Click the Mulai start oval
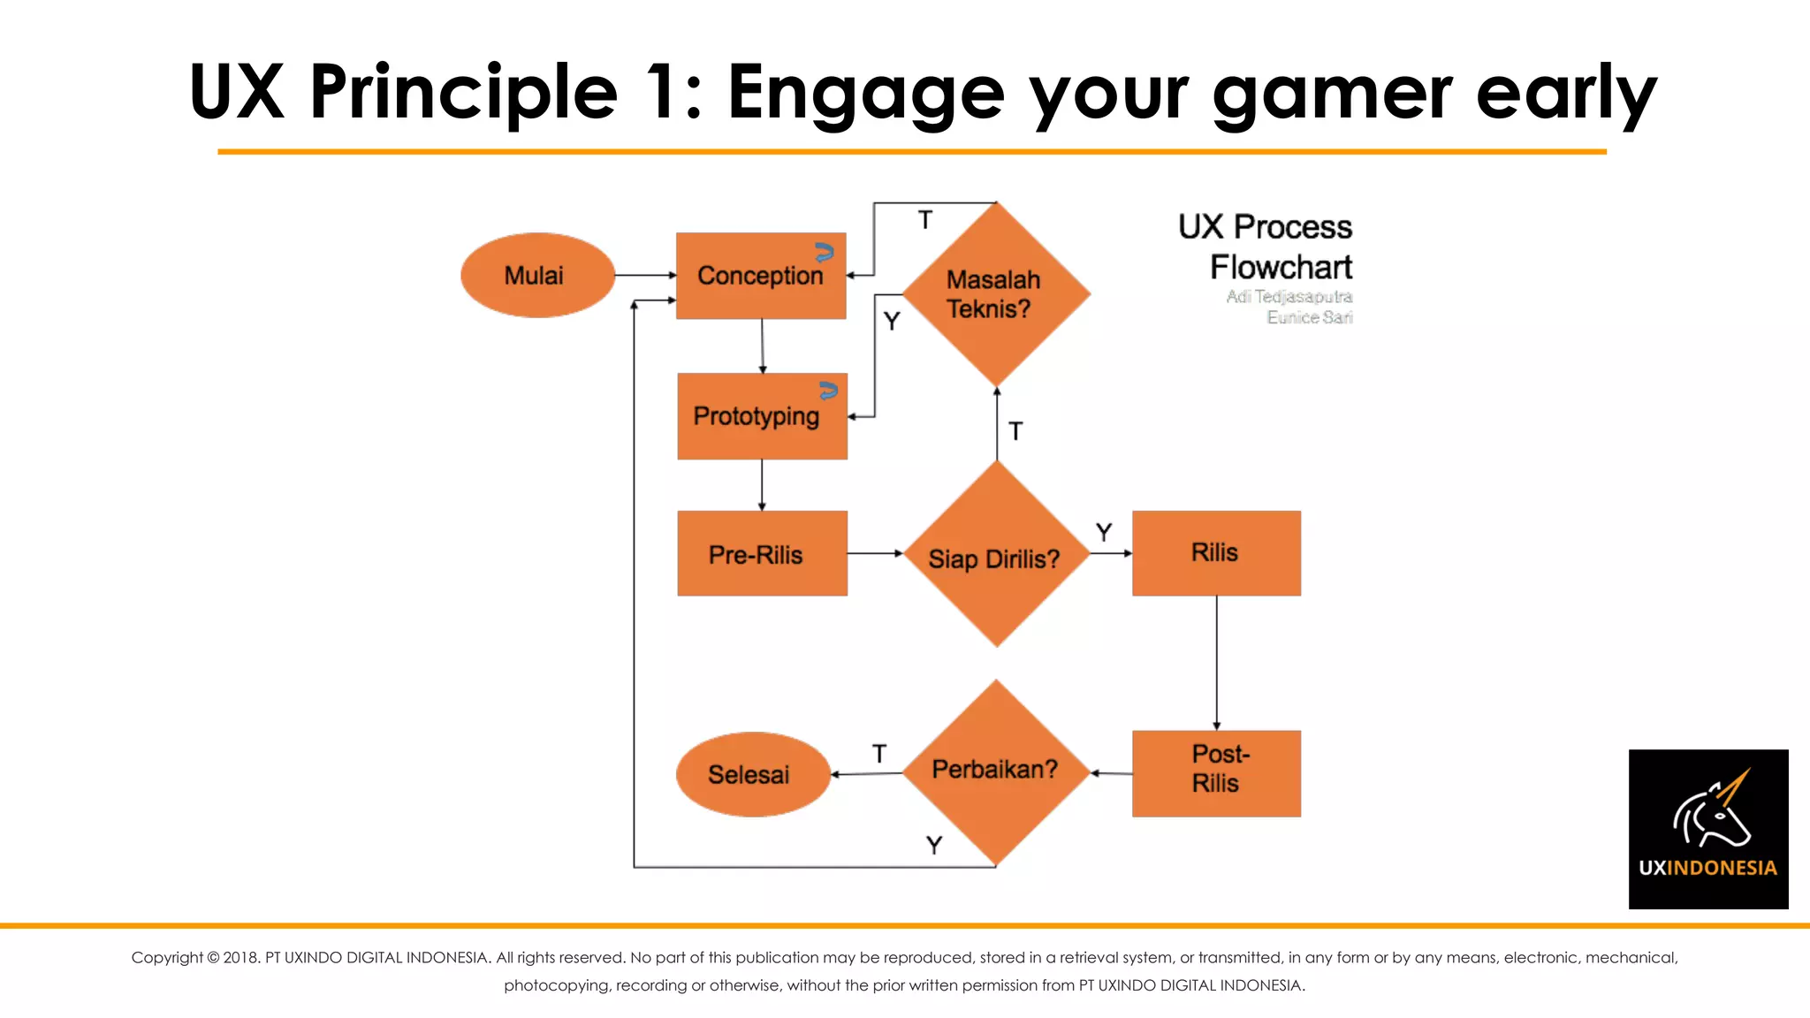[x=536, y=275]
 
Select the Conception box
[x=760, y=276]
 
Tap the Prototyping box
[x=761, y=415]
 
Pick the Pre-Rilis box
[x=761, y=553]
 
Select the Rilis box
[x=1215, y=553]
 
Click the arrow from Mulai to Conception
[x=645, y=275]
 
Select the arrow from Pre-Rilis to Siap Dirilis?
[x=874, y=553]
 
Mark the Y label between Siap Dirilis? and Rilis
[x=1103, y=532]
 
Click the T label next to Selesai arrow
[x=878, y=754]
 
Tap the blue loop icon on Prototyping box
[x=828, y=391]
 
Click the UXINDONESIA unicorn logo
[x=1707, y=828]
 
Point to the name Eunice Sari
[x=1309, y=317]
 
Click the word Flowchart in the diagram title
[x=1281, y=267]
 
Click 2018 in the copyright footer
[x=240, y=957]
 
